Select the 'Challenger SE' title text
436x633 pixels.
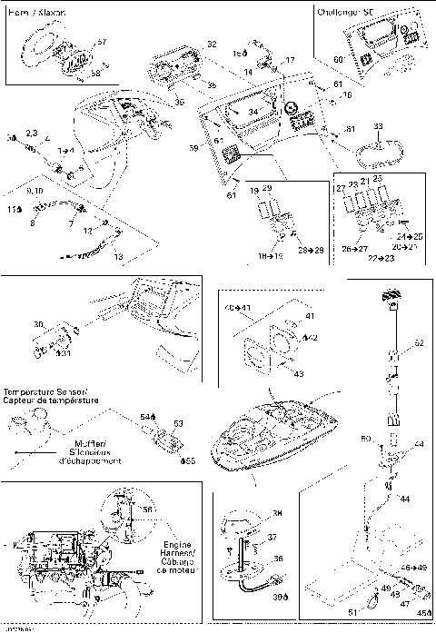point(349,13)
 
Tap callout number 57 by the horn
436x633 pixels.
point(102,43)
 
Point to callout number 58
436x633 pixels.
point(94,74)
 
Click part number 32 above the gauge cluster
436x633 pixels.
point(211,45)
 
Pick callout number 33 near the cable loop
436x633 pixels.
point(378,125)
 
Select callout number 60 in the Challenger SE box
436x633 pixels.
point(338,59)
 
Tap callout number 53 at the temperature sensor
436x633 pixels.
point(179,422)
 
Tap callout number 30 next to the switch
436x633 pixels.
point(37,324)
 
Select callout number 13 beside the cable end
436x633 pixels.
point(117,257)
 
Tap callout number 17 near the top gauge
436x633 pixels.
point(290,60)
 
